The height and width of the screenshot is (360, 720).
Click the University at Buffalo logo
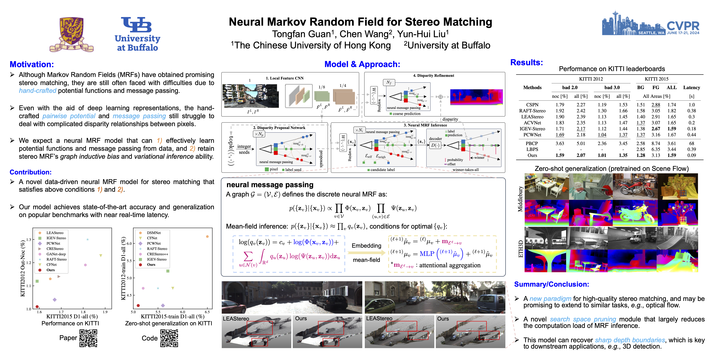pyautogui.click(x=137, y=34)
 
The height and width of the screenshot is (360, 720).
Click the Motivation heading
pyautogui.click(x=32, y=64)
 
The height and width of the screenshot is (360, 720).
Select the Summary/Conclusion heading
pyautogui.click(x=551, y=284)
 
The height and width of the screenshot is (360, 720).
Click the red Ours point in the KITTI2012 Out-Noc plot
pyautogui.click(x=37, y=307)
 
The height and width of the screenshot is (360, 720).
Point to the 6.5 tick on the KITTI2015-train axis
pyautogui.click(x=207, y=312)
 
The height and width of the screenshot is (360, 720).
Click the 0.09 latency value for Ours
pyautogui.click(x=691, y=155)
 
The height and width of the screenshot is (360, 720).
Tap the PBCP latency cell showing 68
pyautogui.click(x=691, y=143)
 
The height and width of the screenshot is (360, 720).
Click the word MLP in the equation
pyautogui.click(x=427, y=254)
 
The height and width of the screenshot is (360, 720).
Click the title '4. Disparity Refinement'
pyautogui.click(x=433, y=75)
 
